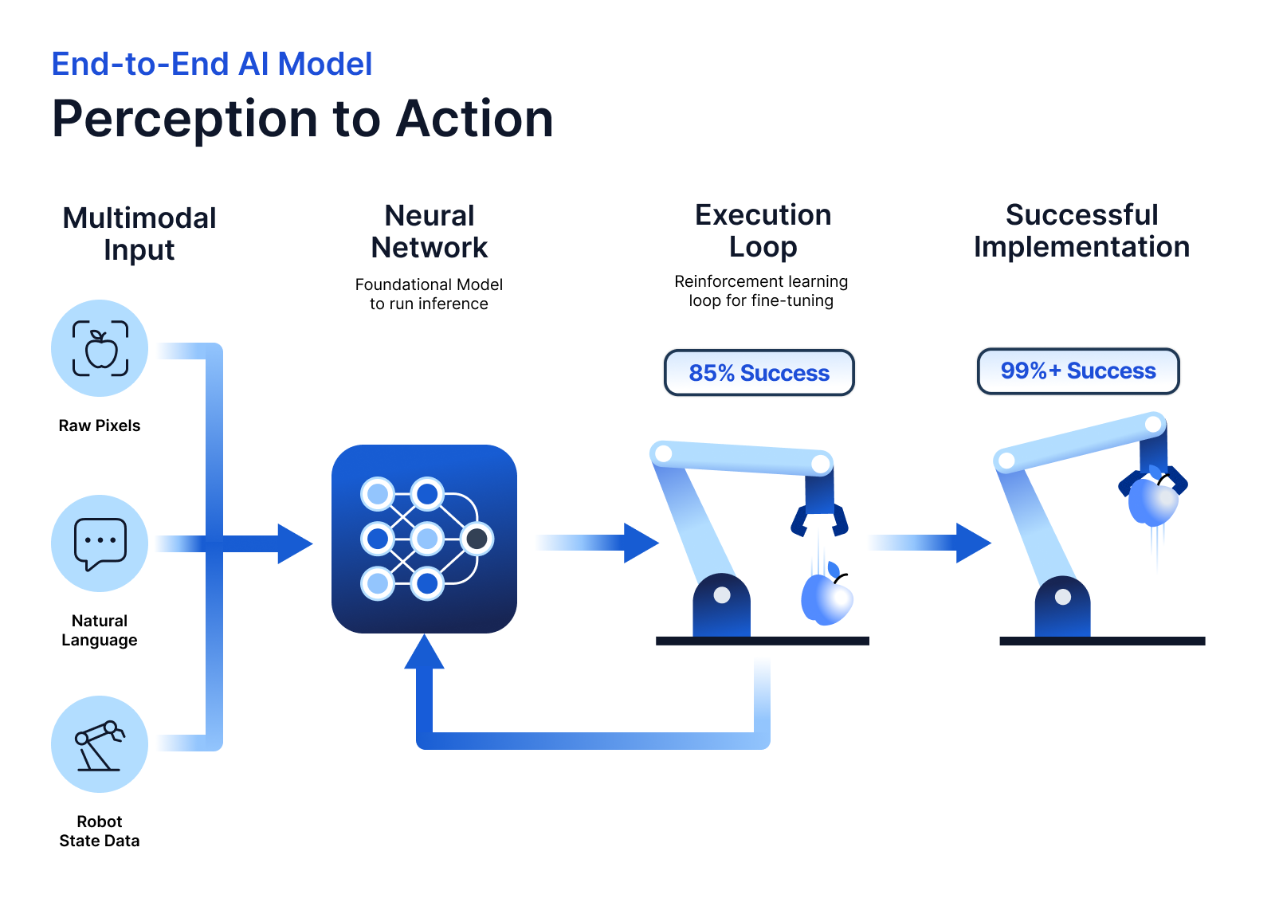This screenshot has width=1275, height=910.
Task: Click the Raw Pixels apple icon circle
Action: coord(100,348)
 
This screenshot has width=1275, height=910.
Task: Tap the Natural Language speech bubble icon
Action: coord(100,543)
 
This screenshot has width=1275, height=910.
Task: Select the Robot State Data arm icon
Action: coord(100,744)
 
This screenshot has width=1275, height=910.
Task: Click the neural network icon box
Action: coord(424,539)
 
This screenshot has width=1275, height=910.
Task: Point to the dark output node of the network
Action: coord(477,539)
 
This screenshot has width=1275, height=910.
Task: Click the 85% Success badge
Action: coord(759,373)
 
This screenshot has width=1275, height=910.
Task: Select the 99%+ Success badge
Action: coord(1077,371)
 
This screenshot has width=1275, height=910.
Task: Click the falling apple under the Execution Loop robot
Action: coord(826,598)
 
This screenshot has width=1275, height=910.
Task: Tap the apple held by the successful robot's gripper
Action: coord(1152,500)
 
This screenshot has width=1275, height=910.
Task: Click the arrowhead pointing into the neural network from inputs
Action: coord(293,543)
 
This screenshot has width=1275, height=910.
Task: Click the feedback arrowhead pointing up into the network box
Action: coord(424,653)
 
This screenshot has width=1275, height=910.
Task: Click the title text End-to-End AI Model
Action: coord(212,64)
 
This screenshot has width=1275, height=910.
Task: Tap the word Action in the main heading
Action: coord(475,120)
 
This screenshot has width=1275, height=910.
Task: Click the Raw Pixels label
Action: coord(100,426)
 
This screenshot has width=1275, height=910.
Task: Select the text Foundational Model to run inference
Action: coord(429,294)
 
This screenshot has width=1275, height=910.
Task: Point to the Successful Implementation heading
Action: coord(1081,231)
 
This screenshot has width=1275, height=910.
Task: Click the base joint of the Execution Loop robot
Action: coord(722,596)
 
